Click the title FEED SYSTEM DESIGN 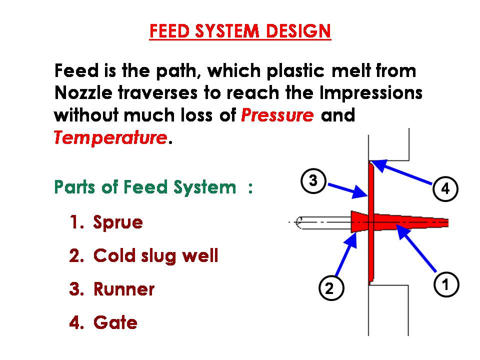coord(240,31)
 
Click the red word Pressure coord(277,115)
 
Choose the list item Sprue coord(118,222)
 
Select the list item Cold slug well coord(155,256)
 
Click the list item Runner coord(124,289)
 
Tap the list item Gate coord(115,322)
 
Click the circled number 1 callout coord(444,284)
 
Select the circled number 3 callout coord(313,180)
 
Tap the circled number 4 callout coord(445,189)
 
